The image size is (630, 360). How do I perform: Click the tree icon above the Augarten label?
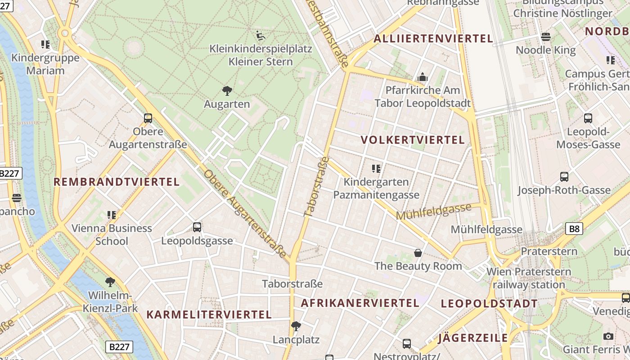click(x=227, y=91)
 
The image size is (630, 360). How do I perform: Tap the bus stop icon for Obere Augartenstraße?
click(x=148, y=118)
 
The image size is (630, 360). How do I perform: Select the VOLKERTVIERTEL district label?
click(x=413, y=140)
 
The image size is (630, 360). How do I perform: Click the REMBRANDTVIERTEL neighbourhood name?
click(x=117, y=182)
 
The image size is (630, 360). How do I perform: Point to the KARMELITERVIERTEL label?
click(x=209, y=315)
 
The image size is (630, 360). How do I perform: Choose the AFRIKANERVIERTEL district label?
click(x=360, y=303)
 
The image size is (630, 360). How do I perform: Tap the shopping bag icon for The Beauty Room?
click(x=418, y=253)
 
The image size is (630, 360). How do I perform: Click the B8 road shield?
click(x=574, y=229)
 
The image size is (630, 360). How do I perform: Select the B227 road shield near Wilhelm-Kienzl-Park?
click(x=119, y=347)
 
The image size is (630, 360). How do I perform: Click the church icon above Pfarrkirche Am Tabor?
click(x=422, y=77)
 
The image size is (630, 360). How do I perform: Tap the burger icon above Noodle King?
click(x=546, y=37)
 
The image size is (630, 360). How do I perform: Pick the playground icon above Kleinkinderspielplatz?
click(x=261, y=35)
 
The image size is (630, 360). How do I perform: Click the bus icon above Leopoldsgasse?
click(x=197, y=227)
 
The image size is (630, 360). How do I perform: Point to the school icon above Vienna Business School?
click(x=112, y=215)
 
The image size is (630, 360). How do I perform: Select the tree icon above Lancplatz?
click(x=296, y=326)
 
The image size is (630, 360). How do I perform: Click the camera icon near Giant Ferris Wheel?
click(x=608, y=336)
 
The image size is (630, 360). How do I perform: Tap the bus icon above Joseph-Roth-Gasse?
click(x=564, y=177)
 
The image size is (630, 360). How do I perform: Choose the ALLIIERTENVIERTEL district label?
click(x=433, y=39)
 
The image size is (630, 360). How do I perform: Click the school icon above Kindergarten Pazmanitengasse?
click(x=376, y=169)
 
